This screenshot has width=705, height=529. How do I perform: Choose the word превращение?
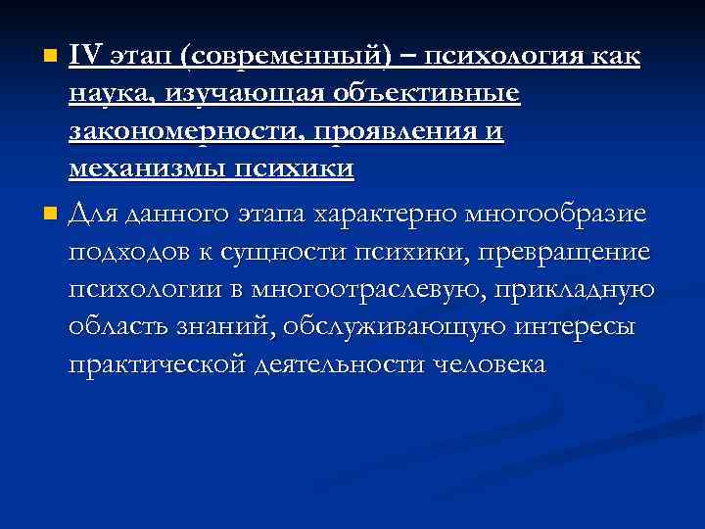pyautogui.click(x=564, y=253)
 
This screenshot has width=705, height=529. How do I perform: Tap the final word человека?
pyautogui.click(x=481, y=364)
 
